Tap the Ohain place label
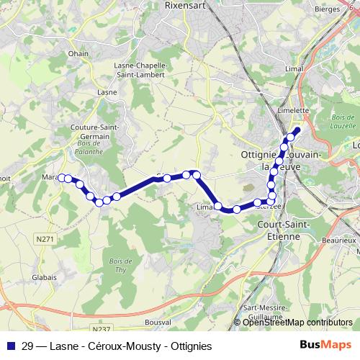[78, 53]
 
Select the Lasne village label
[107, 92]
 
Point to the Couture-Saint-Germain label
[89, 132]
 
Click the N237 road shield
[102, 329]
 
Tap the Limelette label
[293, 110]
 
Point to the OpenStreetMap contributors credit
[296, 323]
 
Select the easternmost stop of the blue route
[297, 130]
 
